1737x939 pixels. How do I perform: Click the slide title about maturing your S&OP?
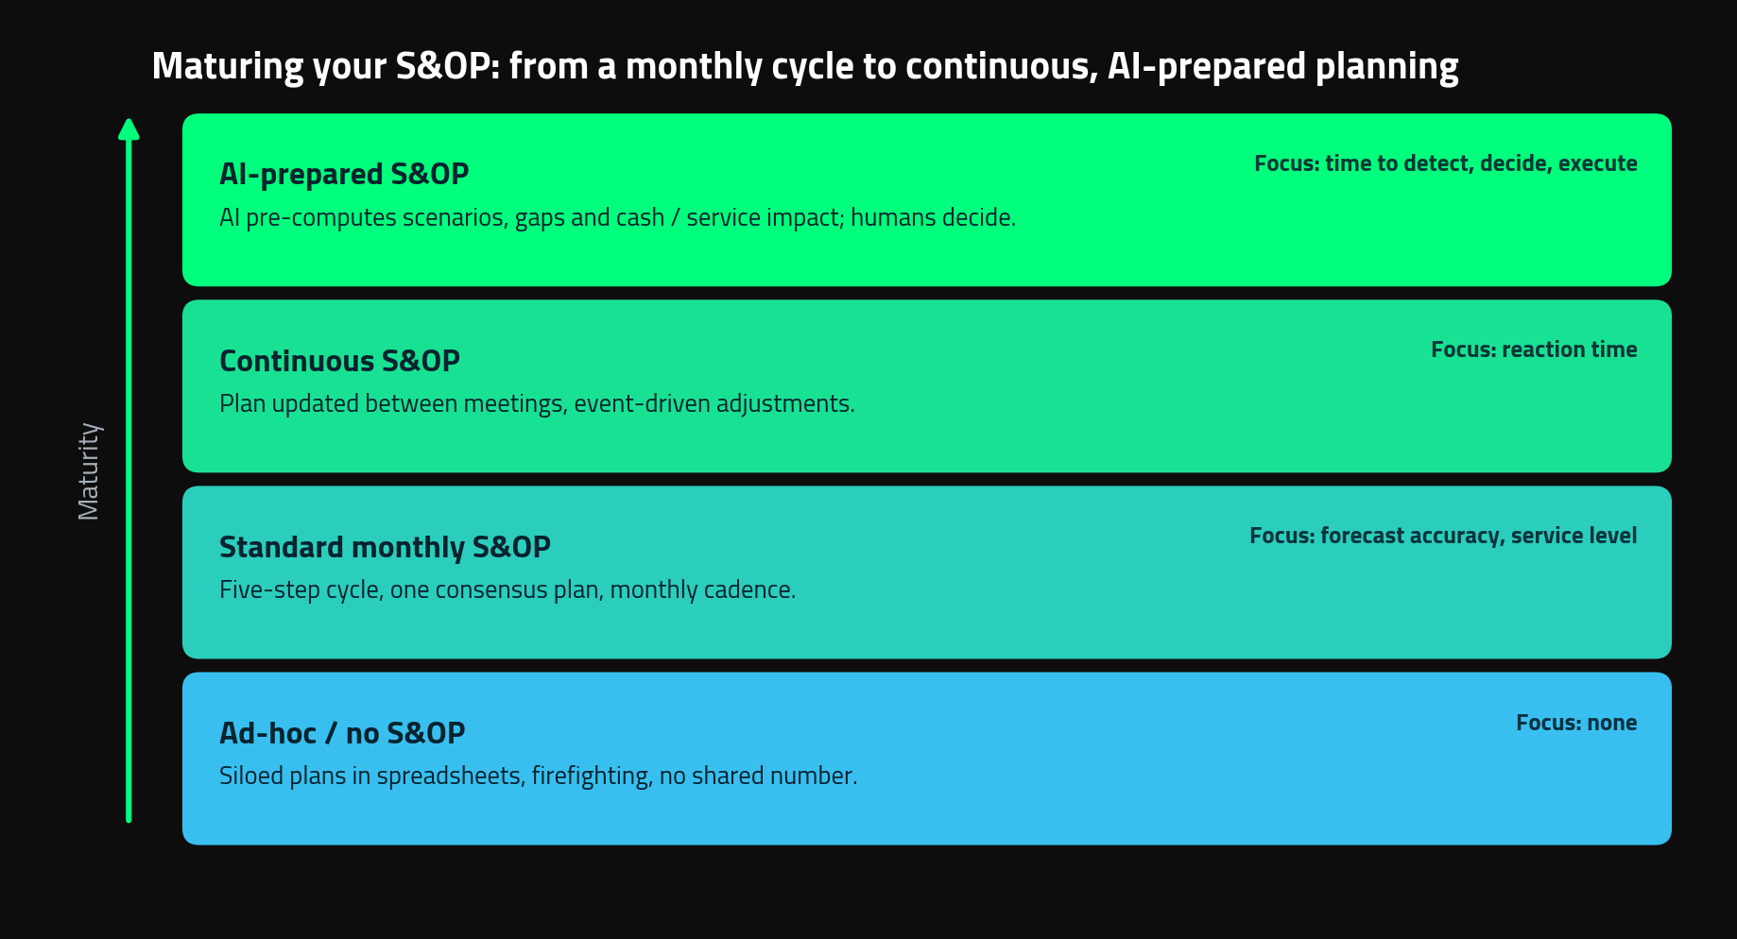tap(805, 66)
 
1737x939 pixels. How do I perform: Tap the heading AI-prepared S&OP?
tap(344, 174)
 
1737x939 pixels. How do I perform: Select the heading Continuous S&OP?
tap(339, 361)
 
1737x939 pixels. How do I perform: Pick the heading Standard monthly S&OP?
tap(385, 547)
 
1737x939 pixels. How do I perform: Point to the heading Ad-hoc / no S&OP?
tap(342, 733)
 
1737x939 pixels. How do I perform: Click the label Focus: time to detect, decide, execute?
tap(1446, 163)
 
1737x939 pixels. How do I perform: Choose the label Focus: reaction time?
tap(1534, 350)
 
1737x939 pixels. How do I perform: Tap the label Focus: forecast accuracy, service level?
tap(1443, 536)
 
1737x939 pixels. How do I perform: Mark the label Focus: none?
tap(1576, 723)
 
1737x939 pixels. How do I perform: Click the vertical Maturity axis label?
tap(89, 470)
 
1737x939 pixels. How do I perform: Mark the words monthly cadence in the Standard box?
tap(700, 589)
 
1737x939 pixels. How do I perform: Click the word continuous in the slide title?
tap(1000, 66)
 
